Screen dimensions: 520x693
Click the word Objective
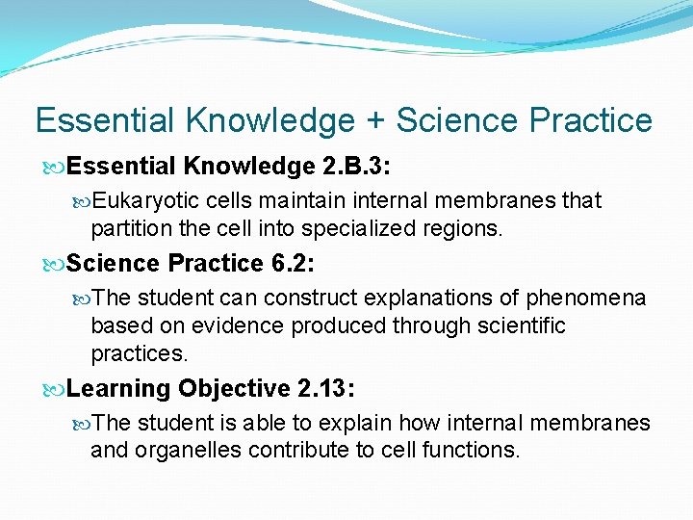pyautogui.click(x=232, y=388)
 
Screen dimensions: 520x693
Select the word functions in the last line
pyautogui.click(x=471, y=451)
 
